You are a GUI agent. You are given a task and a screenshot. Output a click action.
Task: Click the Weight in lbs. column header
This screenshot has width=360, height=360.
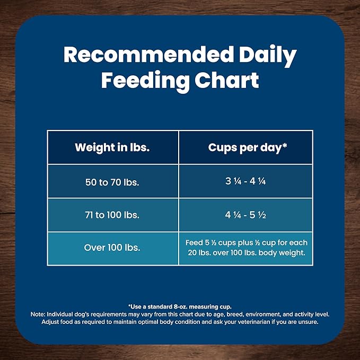(112, 147)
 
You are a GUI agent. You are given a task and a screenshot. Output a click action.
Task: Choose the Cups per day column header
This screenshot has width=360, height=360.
(244, 147)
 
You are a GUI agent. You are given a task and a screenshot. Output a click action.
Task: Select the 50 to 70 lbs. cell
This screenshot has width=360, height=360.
(112, 181)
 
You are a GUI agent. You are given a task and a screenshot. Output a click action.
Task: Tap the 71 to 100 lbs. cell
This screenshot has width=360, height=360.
(112, 215)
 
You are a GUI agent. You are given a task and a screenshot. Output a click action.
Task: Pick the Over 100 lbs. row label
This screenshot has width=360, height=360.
(112, 248)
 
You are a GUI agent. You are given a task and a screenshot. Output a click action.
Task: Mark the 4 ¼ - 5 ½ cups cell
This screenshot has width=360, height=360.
(245, 215)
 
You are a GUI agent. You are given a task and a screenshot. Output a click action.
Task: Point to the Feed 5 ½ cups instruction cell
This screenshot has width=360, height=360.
(245, 248)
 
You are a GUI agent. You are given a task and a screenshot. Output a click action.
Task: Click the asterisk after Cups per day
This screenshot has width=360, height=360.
(285, 145)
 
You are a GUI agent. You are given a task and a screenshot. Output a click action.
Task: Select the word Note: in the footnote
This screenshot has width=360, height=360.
(39, 314)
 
